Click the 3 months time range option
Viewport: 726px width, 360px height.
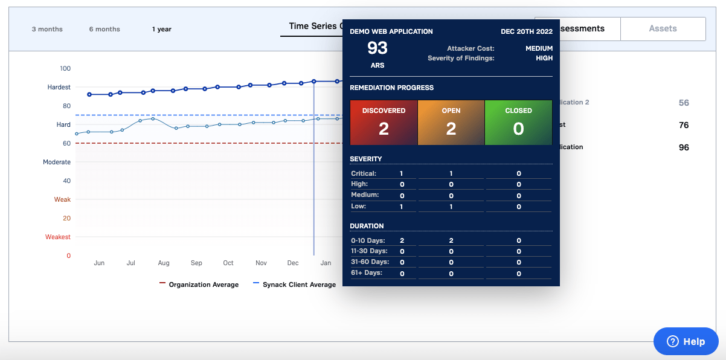[x=47, y=29]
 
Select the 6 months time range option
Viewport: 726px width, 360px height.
[x=104, y=29]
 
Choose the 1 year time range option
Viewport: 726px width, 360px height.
[x=162, y=29]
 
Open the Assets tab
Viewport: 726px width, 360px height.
[x=663, y=28]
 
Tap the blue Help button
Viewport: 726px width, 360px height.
[x=686, y=341]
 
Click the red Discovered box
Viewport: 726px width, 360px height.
[x=384, y=123]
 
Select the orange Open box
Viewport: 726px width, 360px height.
[x=451, y=123]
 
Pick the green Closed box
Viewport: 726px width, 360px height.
[x=518, y=123]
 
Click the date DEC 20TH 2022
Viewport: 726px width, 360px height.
[x=526, y=31]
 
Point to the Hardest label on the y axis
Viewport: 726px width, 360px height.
[x=59, y=87]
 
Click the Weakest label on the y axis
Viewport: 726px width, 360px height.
[x=58, y=237]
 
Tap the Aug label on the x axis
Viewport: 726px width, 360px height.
[x=164, y=263]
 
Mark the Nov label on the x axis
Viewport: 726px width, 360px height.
[x=261, y=263]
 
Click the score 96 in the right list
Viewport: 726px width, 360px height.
[x=684, y=147]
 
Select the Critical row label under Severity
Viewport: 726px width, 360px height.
[x=364, y=173]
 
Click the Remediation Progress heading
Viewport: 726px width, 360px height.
[x=391, y=88]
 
